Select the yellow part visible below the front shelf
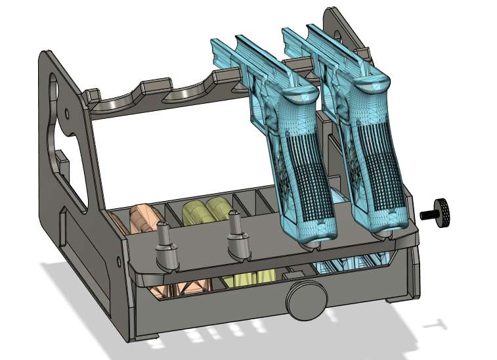tap(253, 279)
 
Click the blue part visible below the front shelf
tap(348, 267)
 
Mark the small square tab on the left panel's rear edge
tap(60, 158)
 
